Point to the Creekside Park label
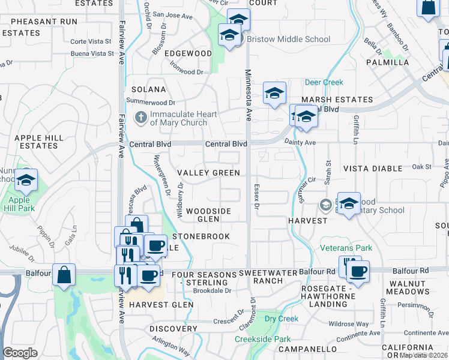pos(263,339)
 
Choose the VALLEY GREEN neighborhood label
pos(208,173)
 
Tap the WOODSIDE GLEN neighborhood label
pos(208,215)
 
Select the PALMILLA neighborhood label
pos(388,62)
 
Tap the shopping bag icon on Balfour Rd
pos(64,275)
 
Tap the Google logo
pos(20,353)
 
